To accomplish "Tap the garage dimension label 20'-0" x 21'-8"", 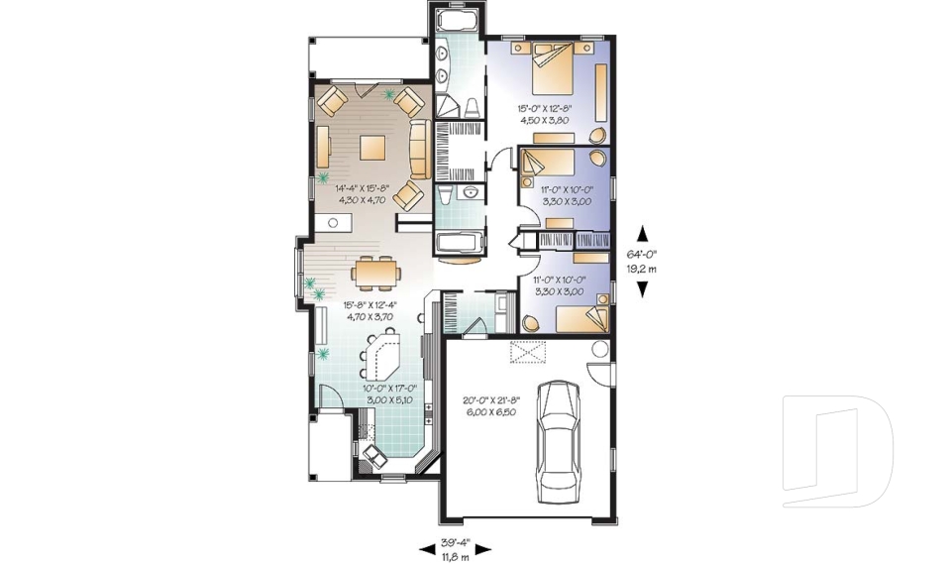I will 489,406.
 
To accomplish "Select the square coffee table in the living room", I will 373,148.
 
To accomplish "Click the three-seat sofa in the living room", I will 418,150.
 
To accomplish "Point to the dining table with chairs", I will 374,270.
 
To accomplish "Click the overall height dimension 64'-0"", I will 642,254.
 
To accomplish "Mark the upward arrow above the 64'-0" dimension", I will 642,234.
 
